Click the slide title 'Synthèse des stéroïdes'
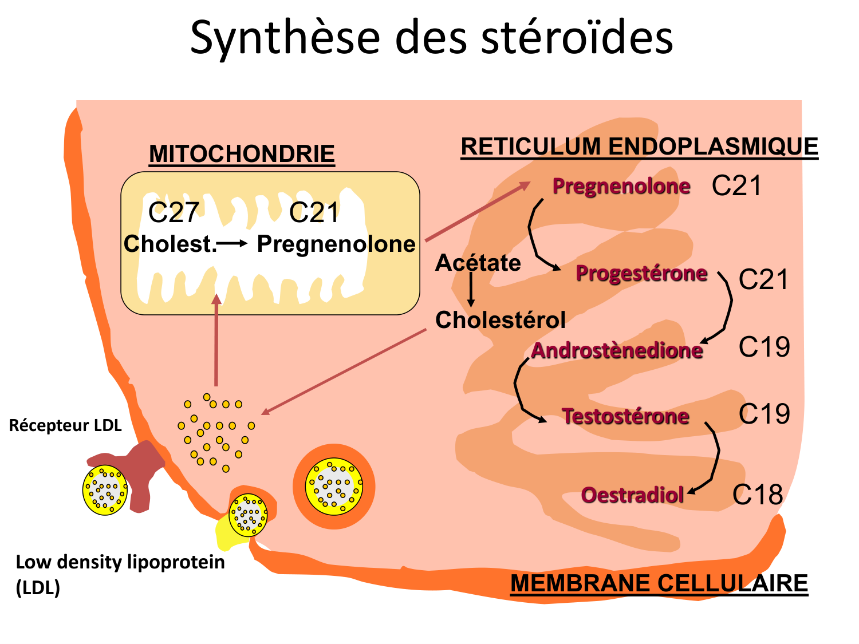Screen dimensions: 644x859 [431, 38]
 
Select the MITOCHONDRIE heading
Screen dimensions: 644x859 [242, 154]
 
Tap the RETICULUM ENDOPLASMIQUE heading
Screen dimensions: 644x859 [639, 147]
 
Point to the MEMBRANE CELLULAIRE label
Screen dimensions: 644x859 [659, 583]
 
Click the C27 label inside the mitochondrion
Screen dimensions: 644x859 [173, 213]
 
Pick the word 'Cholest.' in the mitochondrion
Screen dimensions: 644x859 [170, 244]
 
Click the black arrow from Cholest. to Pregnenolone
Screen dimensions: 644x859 [233, 244]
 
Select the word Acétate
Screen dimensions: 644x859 [478, 263]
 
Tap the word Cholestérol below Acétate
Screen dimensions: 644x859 [500, 320]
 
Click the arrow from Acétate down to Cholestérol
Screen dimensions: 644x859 [471, 290]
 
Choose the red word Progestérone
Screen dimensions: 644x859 [641, 274]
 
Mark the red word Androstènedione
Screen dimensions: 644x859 [617, 350]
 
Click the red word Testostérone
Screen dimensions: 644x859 [625, 416]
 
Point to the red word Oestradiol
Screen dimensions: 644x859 [632, 495]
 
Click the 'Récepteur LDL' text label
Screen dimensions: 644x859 [65, 425]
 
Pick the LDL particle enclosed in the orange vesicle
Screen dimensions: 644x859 [334, 486]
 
